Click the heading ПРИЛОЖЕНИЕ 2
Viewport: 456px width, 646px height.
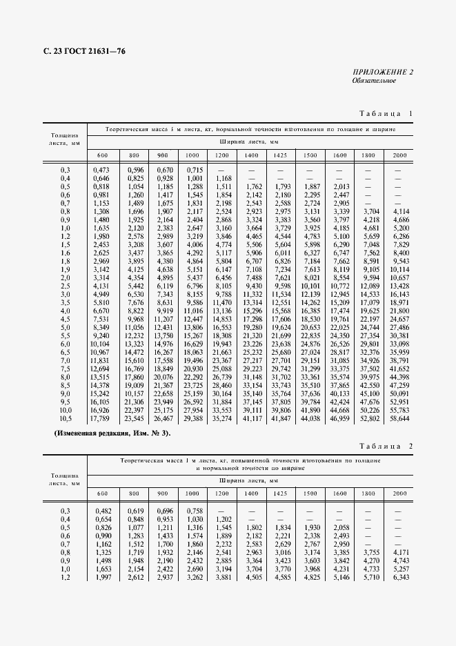pyautogui.click(x=383, y=72)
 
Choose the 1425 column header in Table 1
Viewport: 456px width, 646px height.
pyautogui.click(x=281, y=155)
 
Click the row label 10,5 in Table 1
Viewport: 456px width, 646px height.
pyautogui.click(x=66, y=418)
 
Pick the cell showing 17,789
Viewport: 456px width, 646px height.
pyautogui.click(x=101, y=418)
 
